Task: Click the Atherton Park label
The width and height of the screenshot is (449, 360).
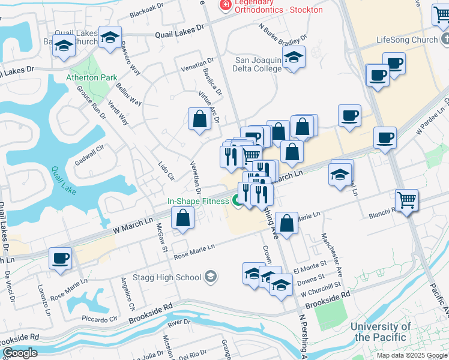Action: tap(92, 77)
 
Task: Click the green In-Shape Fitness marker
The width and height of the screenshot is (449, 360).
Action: tap(237, 202)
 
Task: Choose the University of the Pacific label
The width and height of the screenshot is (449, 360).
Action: tap(381, 332)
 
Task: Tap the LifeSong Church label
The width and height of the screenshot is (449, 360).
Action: tap(407, 40)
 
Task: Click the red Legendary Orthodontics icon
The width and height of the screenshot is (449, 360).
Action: tap(226, 5)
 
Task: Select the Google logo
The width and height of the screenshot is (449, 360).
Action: tap(20, 353)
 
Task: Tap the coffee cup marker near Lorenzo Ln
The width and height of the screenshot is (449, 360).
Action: tap(60, 259)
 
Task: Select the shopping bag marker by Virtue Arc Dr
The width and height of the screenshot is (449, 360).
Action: tap(199, 119)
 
